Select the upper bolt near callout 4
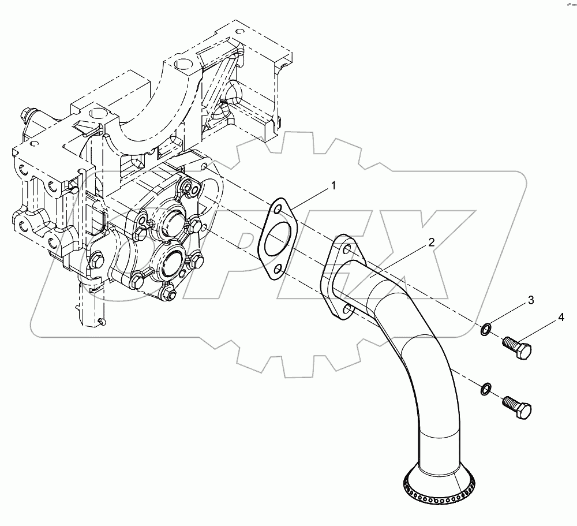517,348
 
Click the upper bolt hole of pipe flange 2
346,249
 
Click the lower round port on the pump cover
168,263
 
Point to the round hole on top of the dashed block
183,64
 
